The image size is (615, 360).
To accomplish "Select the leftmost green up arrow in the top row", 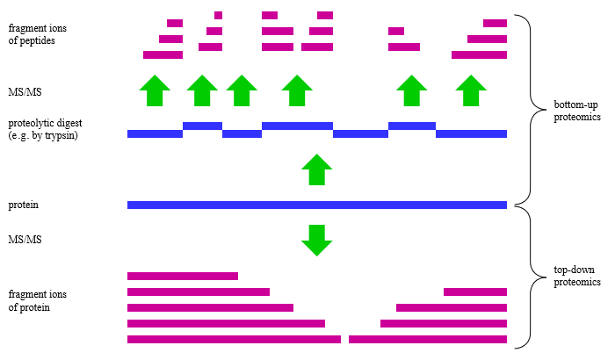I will click(x=155, y=90).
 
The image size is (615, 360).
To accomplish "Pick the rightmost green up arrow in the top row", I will click(x=471, y=90).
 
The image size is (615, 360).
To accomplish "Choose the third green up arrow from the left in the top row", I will click(x=242, y=90).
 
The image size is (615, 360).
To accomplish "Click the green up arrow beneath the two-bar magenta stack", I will click(x=411, y=90).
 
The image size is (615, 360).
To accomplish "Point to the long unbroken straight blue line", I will click(x=316, y=205).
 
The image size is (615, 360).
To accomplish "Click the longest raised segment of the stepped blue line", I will click(x=297, y=126).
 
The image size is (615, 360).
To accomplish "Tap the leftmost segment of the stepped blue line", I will click(x=155, y=133).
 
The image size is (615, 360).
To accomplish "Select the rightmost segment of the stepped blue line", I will click(x=471, y=133).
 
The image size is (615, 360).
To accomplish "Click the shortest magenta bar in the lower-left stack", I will click(x=183, y=276).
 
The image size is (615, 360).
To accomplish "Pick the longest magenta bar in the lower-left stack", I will click(x=234, y=339).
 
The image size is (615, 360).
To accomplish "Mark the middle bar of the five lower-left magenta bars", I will click(x=210, y=307).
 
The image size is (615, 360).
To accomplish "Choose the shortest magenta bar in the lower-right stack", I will click(x=475, y=292).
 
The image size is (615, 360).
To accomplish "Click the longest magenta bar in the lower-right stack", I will click(x=428, y=339).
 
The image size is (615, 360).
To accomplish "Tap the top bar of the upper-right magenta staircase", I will click(x=495, y=23).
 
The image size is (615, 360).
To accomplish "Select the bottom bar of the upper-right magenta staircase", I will click(x=479, y=54).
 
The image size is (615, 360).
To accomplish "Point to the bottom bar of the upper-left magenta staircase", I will click(x=163, y=54).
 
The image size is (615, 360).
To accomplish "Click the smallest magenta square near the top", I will click(x=218, y=15).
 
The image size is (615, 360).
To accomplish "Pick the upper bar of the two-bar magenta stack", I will click(x=396, y=31).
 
